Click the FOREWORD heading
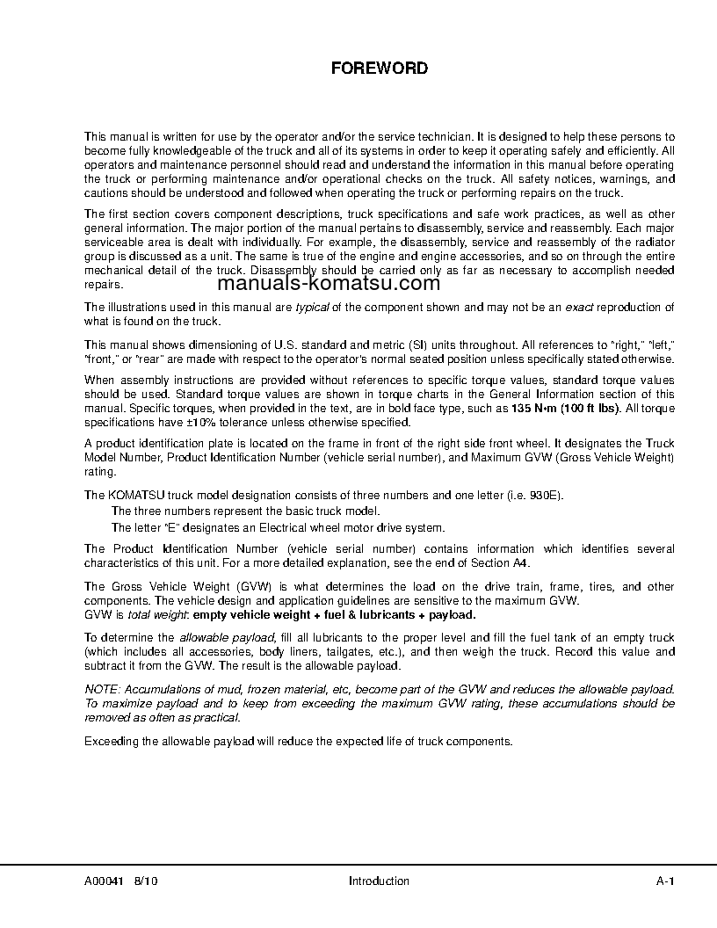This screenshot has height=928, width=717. coord(379,68)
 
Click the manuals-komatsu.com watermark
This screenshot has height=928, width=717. coord(328,284)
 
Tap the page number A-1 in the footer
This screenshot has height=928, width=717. coord(664,881)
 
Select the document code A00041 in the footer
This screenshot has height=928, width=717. coord(103,881)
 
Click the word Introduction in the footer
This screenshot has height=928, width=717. coord(379,881)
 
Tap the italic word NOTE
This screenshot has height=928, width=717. coord(101,691)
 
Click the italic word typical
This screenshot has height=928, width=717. coord(311,307)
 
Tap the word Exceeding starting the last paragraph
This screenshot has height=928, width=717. coord(112,741)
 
